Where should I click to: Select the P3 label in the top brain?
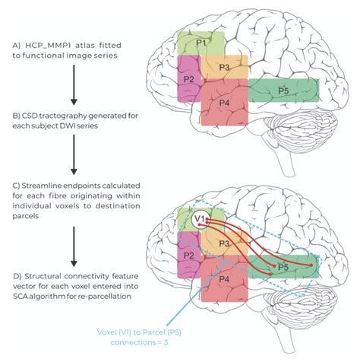[224, 67]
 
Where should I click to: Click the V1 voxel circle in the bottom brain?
[200, 221]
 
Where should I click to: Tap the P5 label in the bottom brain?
[283, 267]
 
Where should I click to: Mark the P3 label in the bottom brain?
[224, 243]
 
